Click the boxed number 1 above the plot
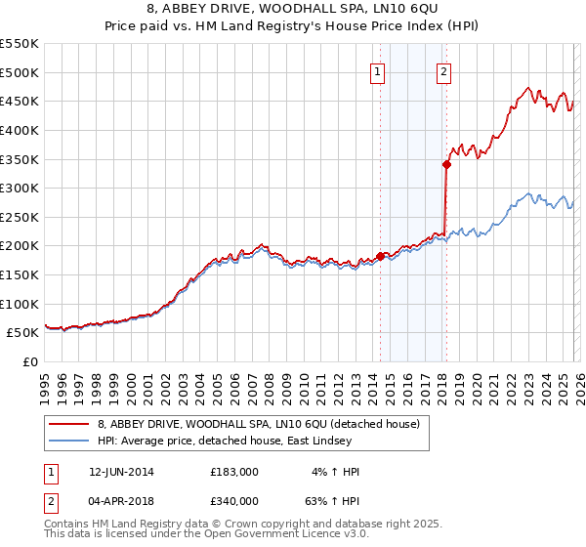click(x=377, y=70)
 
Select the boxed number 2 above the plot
click(x=443, y=70)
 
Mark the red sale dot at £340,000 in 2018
click(x=446, y=165)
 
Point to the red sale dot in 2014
click(x=380, y=256)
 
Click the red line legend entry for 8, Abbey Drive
click(x=259, y=424)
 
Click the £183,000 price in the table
click(x=233, y=472)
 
